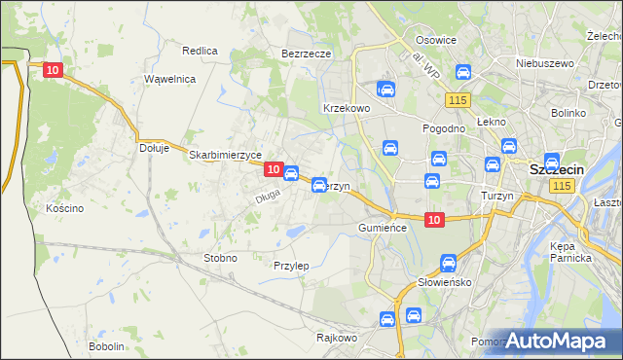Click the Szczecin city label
(x=557, y=169)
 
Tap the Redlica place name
(x=200, y=50)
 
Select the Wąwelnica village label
(x=170, y=79)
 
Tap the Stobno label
(x=220, y=258)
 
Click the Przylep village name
(x=291, y=266)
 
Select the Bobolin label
(x=106, y=346)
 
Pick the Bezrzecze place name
(x=307, y=54)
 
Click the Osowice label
(x=436, y=40)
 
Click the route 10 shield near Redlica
(x=54, y=70)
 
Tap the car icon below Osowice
(x=463, y=71)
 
